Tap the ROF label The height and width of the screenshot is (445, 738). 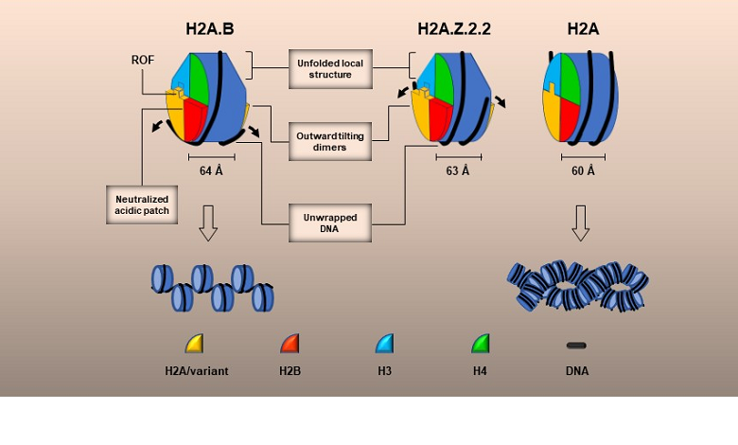[143, 59]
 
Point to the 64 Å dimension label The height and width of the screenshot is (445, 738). [212, 171]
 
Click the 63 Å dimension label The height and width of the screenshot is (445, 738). [458, 171]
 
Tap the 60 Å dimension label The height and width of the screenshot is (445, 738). [583, 171]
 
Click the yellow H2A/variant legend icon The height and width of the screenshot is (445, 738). [194, 343]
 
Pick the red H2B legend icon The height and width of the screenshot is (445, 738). [290, 343]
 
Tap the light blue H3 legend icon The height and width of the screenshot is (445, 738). [385, 343]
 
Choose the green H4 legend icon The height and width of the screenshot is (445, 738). [481, 343]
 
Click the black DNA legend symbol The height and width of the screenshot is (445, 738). [576, 345]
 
